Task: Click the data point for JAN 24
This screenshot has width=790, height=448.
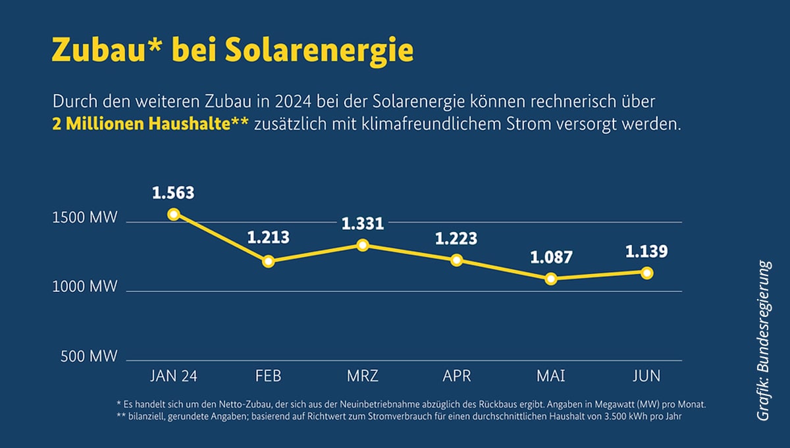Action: tap(174, 214)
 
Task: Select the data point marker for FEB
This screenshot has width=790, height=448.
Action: tap(268, 262)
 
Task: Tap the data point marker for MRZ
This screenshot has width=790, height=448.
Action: tap(362, 245)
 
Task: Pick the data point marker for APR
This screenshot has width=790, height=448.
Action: tap(456, 260)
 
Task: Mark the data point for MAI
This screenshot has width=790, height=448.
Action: tap(551, 279)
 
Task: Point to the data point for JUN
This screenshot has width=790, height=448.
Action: tap(646, 273)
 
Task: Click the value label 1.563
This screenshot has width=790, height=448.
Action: tap(173, 194)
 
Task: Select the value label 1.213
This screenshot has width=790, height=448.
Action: tap(268, 238)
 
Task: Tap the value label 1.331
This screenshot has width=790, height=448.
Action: tap(362, 224)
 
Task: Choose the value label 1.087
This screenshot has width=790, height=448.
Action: tap(551, 257)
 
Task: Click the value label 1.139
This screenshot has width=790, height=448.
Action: tap(646, 251)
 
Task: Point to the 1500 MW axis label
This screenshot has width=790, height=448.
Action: tap(84, 218)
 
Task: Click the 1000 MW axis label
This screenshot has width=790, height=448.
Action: tap(84, 287)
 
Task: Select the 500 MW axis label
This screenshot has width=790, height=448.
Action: tap(89, 357)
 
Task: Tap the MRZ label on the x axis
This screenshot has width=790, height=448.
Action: tap(362, 376)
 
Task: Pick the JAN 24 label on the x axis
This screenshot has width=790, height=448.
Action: tap(174, 376)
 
